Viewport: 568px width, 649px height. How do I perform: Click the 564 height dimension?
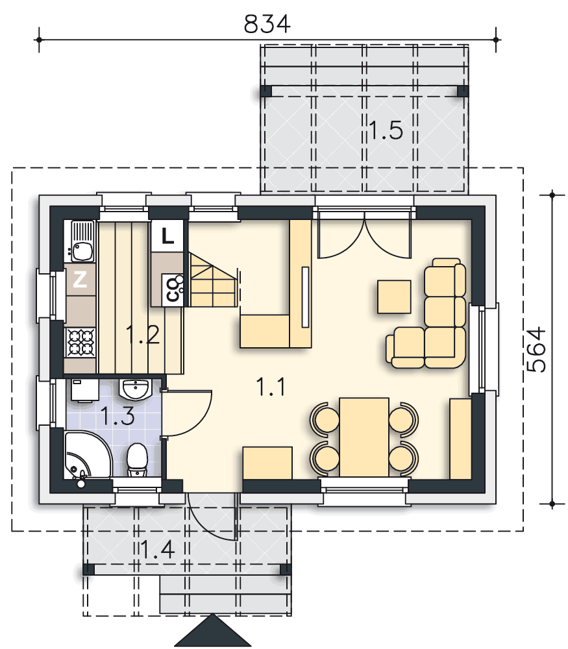pos(536,349)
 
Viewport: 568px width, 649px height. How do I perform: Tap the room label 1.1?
pos(271,387)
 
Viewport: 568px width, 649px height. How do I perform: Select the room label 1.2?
pos(142,336)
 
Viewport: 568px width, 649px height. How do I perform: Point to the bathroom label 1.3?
pos(118,415)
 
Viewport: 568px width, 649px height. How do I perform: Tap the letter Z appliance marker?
pos(79,280)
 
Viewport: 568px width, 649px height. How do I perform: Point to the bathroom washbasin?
pos(136,389)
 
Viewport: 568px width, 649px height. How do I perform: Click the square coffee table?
pos(394,297)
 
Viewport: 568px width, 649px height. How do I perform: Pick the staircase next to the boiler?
pos(211,280)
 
